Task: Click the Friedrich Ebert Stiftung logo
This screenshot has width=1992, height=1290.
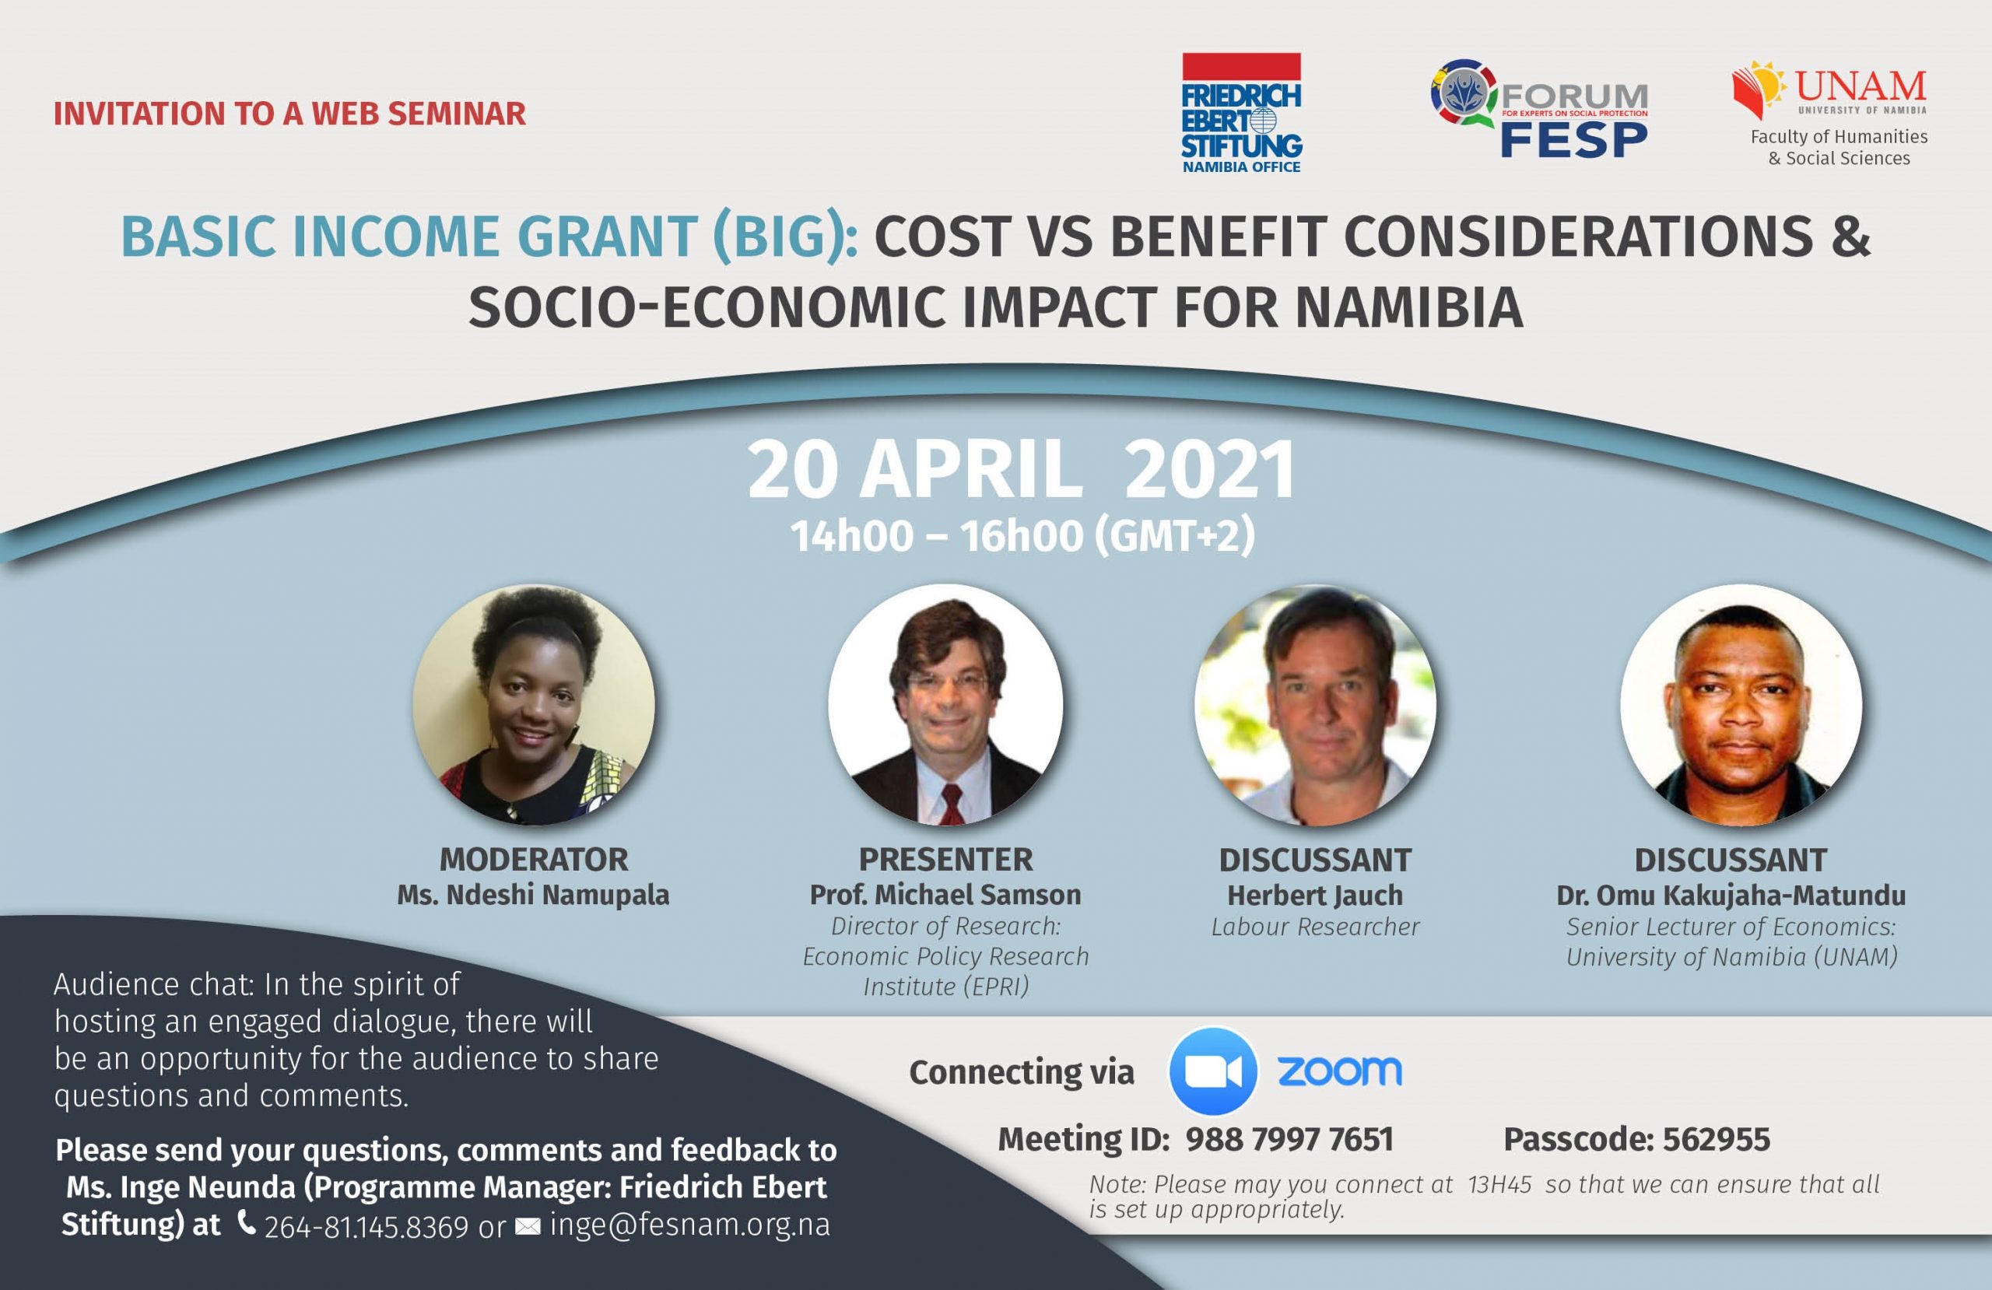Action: click(x=1241, y=113)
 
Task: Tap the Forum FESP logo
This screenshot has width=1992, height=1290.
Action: click(x=1538, y=109)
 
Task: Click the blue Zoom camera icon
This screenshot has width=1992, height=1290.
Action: click(x=1213, y=1071)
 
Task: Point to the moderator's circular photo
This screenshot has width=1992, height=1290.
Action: click(x=533, y=704)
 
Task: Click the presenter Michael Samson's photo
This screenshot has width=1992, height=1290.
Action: click(x=945, y=704)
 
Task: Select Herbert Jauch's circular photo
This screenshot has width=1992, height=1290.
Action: click(x=1315, y=704)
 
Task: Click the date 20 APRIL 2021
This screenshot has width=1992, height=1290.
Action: click(x=1021, y=471)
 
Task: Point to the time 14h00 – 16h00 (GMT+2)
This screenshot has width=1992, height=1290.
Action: click(x=1022, y=536)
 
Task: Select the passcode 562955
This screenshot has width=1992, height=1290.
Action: click(x=1716, y=1139)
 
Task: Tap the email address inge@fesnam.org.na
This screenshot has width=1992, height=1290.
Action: click(x=689, y=1225)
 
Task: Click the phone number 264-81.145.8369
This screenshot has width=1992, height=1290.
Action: click(x=366, y=1227)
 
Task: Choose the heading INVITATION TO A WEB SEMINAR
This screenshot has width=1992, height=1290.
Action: click(x=289, y=114)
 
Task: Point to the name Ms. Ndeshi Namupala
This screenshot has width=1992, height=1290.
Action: click(x=533, y=895)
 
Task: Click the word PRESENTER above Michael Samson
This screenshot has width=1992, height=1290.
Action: click(x=945, y=860)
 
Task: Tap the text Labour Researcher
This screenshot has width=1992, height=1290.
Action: click(x=1315, y=927)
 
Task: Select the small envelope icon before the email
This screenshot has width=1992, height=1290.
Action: click(x=528, y=1227)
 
